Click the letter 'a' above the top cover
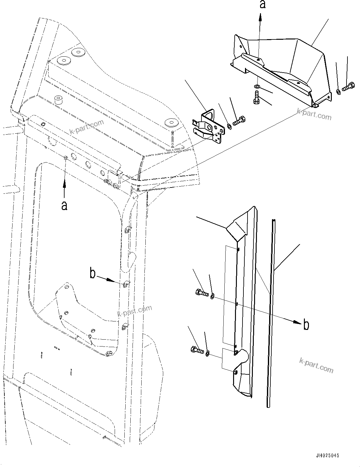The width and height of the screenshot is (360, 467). pyautogui.click(x=263, y=5)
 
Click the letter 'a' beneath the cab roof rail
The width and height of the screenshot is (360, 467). pyautogui.click(x=65, y=206)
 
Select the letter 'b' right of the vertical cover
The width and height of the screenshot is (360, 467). pyautogui.click(x=306, y=325)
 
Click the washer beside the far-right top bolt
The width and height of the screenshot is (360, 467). pyautogui.click(x=338, y=92)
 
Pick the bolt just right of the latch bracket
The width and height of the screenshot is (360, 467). pyautogui.click(x=240, y=121)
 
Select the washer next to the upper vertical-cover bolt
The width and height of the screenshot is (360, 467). pyautogui.click(x=212, y=296)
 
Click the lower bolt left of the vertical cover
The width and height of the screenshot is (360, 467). pyautogui.click(x=197, y=350)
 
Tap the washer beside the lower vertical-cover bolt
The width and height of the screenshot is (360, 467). pyautogui.click(x=207, y=354)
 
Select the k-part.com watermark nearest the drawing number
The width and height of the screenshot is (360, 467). pyautogui.click(x=316, y=365)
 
